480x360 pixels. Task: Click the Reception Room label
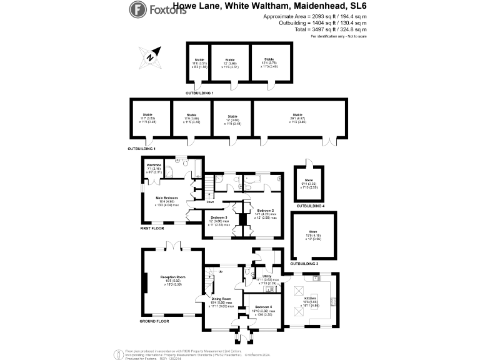[x=173, y=276]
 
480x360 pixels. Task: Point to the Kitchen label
[x=311, y=299]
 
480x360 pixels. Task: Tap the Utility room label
[x=266, y=276]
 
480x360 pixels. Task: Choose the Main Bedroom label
[x=167, y=197]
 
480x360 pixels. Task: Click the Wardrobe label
[x=154, y=164]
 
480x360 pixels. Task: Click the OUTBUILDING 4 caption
[x=310, y=206]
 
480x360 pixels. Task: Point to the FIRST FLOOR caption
[x=154, y=229]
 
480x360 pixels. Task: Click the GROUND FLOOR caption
[x=154, y=321]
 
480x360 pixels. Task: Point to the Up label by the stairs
[x=220, y=271]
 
